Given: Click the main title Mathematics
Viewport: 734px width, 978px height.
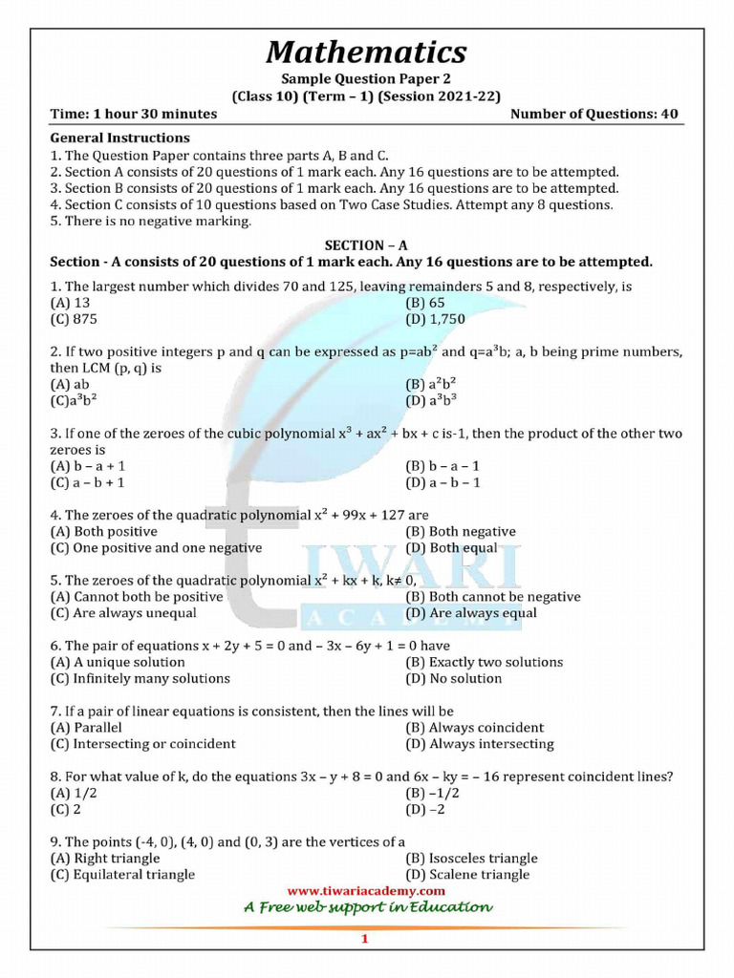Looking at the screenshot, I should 366,51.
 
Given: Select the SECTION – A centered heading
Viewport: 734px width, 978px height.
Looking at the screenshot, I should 366,245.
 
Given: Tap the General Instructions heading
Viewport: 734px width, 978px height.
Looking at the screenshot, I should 119,138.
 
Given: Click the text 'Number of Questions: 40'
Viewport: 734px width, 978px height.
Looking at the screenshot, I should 594,114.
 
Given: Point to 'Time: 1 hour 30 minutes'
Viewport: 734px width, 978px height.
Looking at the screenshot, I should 133,114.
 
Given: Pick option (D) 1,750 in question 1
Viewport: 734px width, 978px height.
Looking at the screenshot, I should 435,319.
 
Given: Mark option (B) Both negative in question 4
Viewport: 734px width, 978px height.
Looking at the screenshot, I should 460,532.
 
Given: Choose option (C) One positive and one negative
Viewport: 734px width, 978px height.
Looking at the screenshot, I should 156,548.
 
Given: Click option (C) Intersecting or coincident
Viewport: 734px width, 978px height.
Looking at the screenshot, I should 142,744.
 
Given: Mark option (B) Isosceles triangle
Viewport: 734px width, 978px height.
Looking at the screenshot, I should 471,859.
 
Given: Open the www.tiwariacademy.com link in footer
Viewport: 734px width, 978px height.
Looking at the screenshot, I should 366,891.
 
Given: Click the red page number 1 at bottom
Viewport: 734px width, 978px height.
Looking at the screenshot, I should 364,940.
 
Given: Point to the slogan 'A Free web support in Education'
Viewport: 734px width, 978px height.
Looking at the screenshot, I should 366,907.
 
